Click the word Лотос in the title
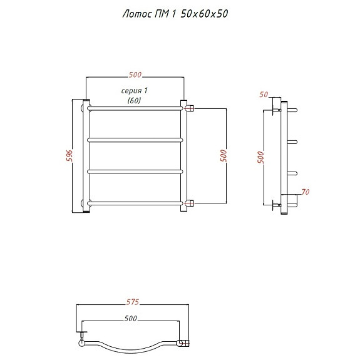138,14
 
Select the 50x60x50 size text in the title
204,14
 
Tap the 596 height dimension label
69,156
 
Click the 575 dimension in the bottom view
133,302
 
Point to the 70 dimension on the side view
306,192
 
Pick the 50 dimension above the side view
264,95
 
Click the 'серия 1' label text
135,91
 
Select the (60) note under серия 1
134,100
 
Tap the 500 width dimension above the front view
135,75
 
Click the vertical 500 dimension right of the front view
223,156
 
